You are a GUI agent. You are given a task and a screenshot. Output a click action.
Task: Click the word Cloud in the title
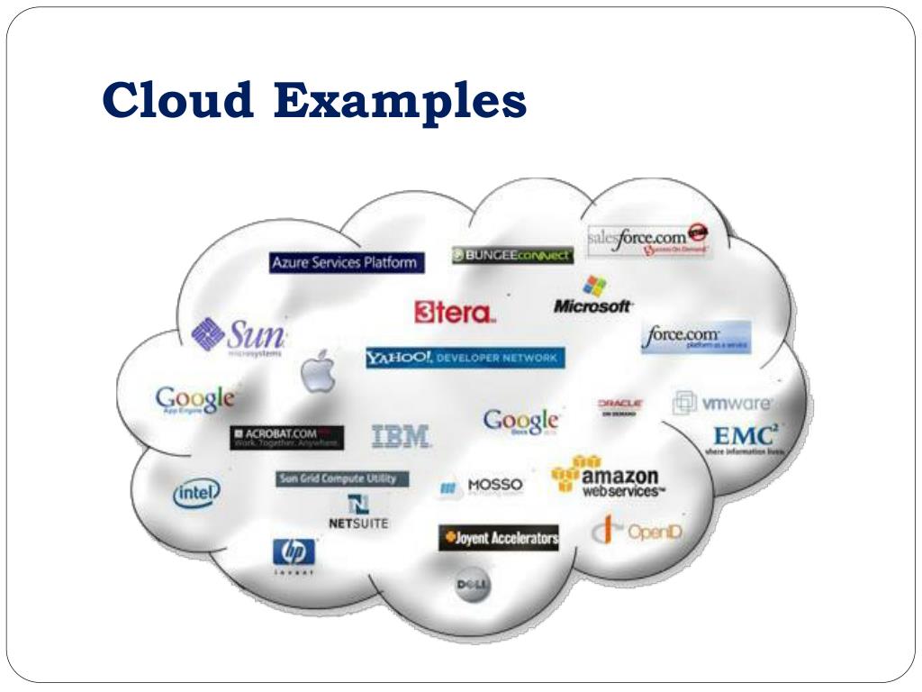[x=176, y=100]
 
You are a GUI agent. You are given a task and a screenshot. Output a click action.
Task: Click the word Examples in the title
[x=400, y=102]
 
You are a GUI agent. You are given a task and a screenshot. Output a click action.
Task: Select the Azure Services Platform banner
[x=346, y=263]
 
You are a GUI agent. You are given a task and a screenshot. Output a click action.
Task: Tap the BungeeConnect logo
[x=512, y=255]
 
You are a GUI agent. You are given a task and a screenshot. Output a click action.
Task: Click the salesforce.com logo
[x=647, y=239]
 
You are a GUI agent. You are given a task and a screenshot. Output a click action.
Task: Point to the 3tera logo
[x=455, y=313]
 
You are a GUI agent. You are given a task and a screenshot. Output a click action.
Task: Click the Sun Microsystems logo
[x=240, y=337]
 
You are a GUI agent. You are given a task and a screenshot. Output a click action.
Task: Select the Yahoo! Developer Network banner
[x=465, y=358]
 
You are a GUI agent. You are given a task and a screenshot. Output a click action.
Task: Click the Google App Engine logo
[x=195, y=399]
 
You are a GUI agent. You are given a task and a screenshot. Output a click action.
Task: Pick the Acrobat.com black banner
[x=286, y=438]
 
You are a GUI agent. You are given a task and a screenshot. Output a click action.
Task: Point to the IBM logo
[x=402, y=437]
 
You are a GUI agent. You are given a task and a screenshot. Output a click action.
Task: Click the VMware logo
[x=723, y=403]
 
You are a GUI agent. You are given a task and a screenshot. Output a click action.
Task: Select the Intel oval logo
[x=195, y=493]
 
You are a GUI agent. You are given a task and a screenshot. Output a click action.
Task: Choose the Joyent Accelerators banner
[x=499, y=538]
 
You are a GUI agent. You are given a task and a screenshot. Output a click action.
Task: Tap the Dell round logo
[x=472, y=587]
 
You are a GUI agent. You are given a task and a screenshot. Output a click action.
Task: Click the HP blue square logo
[x=294, y=553]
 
